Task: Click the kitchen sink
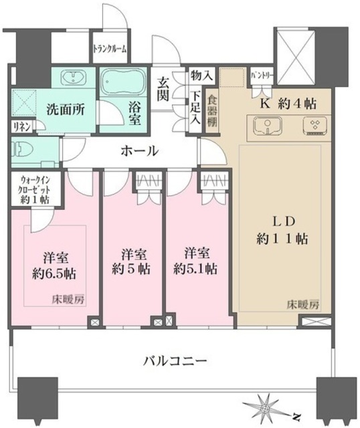click(x=267, y=126)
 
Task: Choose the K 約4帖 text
click(x=288, y=104)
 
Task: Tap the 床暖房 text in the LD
click(x=304, y=304)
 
